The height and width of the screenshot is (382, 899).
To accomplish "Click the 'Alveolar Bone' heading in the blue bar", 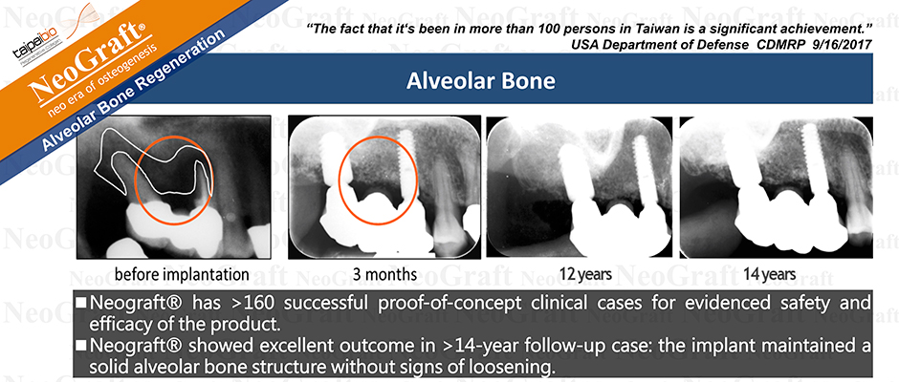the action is coord(480,81).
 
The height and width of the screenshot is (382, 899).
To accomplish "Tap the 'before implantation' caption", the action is coord(182,275).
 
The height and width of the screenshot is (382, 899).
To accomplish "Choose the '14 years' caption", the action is coord(769,275).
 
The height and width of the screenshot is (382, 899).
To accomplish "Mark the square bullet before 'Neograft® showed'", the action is coord(81,347).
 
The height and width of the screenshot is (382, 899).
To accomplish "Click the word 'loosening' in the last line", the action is coord(520,368).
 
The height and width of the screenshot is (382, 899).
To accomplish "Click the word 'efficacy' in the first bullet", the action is coord(115,324).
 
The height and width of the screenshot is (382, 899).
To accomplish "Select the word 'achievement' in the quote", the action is coord(824,28).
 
